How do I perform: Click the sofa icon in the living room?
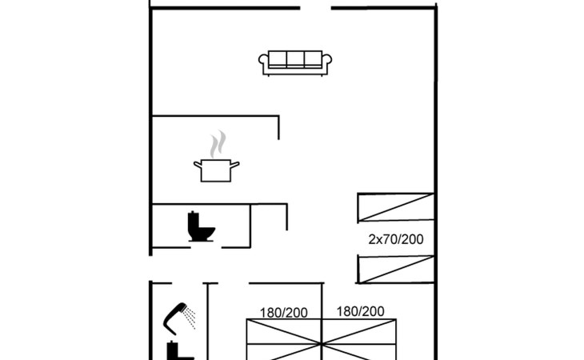[295, 63]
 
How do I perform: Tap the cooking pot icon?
[216, 170]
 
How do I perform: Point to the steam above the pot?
[218, 144]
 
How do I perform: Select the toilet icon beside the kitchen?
[201, 226]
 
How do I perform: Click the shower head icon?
[175, 318]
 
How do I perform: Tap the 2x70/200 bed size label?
[396, 239]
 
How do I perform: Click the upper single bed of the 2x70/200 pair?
[395, 207]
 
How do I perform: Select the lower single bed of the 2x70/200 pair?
[395, 269]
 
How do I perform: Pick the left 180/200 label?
[284, 313]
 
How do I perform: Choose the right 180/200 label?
[361, 311]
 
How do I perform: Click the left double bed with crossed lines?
[284, 339]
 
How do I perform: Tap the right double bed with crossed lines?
[359, 339]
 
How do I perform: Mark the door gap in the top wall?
[315, 8]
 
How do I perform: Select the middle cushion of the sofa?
[295, 59]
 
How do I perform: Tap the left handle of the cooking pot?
[198, 164]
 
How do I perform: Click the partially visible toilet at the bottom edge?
[179, 351]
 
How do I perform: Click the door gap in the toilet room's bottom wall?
[206, 247]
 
